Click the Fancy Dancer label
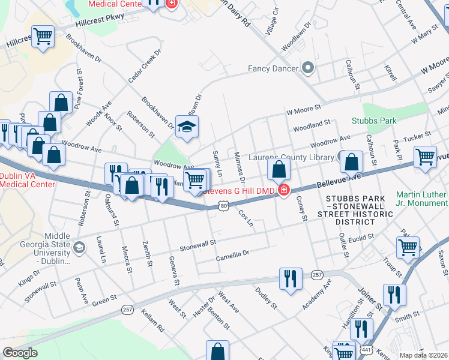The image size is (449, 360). tap(273, 68)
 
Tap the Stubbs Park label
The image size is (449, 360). tap(375, 121)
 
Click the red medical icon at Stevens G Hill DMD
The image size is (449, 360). tap(282, 191)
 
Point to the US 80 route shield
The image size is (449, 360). tap(223, 206)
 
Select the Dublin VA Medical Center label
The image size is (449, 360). tap(27, 180)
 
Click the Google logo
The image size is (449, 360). tap(20, 353)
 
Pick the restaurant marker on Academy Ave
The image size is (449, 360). tap(291, 278)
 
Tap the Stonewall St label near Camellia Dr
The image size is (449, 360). tap(197, 247)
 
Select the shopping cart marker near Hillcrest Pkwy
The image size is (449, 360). tap(43, 35)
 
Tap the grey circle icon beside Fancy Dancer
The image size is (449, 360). tap(309, 68)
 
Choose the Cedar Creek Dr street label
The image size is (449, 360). tap(144, 66)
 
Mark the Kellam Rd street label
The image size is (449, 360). tap(152, 320)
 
